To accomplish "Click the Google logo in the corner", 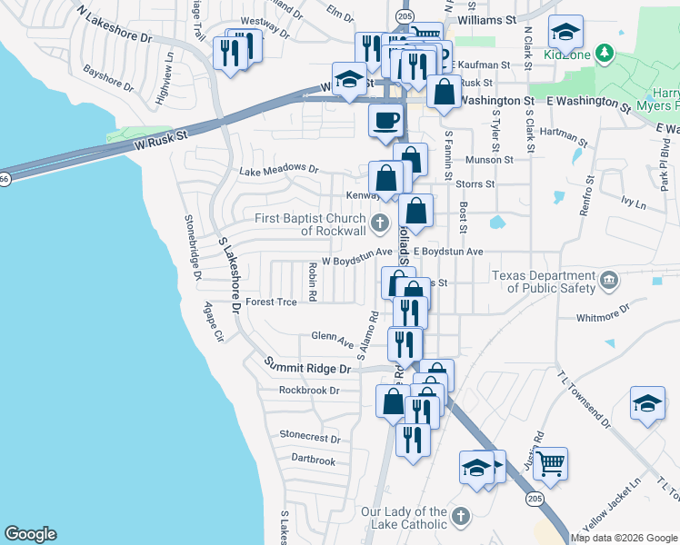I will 30,534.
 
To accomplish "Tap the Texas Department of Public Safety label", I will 544,282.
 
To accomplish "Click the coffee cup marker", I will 386,120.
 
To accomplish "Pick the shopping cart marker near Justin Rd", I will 550,463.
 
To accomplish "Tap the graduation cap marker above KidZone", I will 565,35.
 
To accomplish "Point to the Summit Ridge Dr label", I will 307,366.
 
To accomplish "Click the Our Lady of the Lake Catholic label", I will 404,518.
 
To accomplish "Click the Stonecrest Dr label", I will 309,437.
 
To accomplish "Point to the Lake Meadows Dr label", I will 278,170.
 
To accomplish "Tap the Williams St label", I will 486,18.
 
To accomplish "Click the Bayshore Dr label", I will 107,79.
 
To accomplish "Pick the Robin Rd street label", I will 312,282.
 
